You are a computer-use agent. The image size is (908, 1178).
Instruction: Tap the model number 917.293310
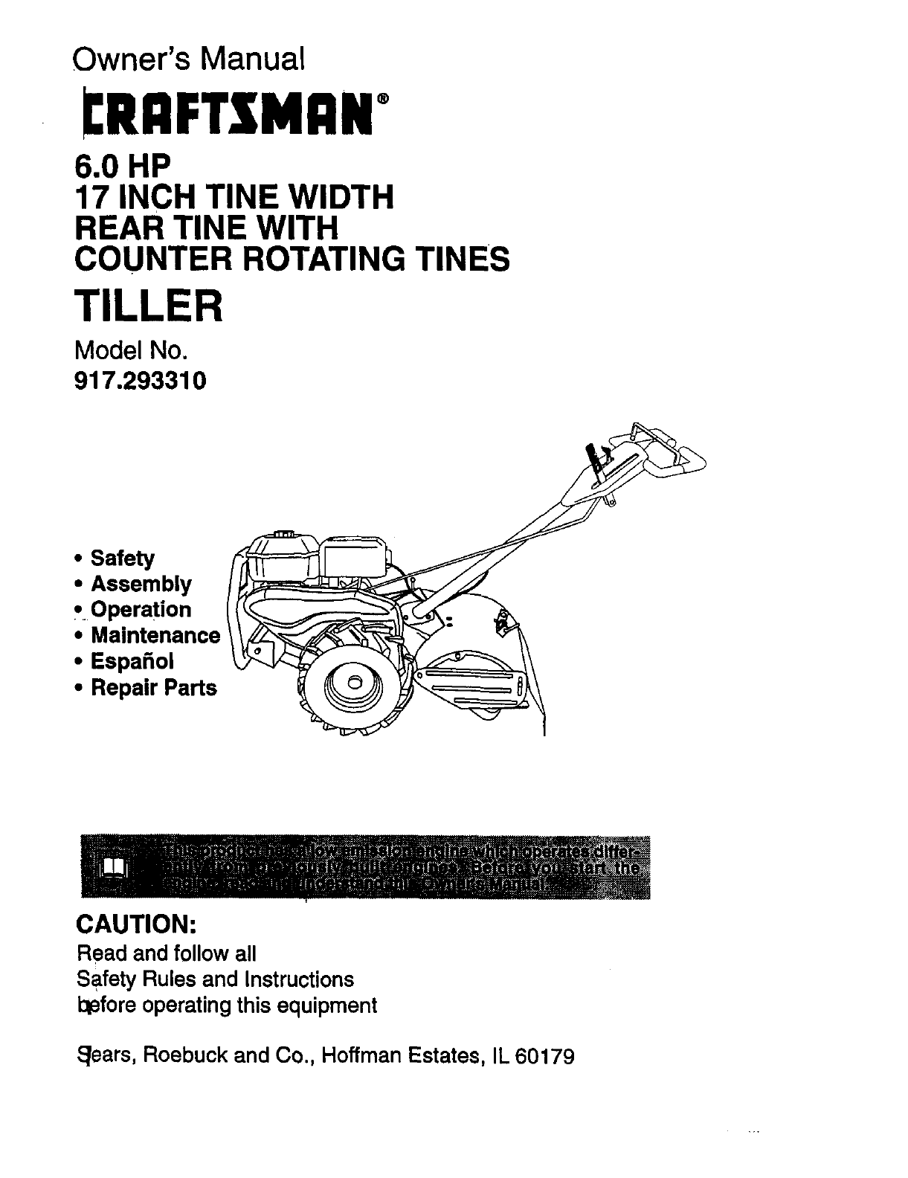139,382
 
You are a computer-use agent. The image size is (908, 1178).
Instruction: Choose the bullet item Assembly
141,584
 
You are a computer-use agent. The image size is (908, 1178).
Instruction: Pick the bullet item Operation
141,610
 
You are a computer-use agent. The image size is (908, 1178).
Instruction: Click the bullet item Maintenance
155,636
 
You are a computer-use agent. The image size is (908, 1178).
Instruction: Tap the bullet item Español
132,661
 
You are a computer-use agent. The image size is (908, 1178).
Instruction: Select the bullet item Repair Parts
153,687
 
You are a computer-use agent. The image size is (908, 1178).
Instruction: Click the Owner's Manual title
189,58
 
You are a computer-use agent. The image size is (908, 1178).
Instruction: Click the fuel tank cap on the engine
283,533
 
